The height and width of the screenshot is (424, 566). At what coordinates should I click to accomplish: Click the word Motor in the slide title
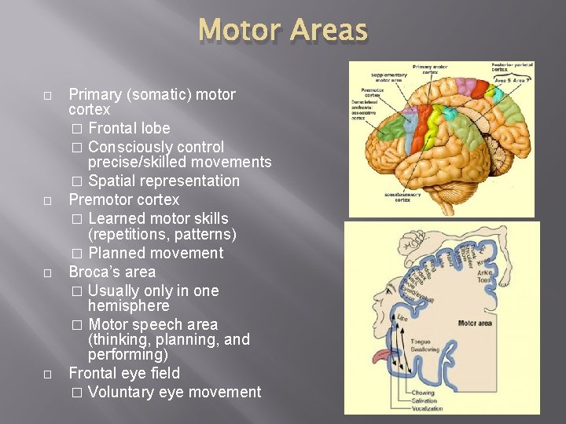click(241, 31)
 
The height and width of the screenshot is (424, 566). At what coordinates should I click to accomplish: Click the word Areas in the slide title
click(328, 31)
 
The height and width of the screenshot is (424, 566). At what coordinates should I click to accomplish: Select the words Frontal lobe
click(129, 128)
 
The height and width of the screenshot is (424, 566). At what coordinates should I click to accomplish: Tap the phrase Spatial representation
click(164, 181)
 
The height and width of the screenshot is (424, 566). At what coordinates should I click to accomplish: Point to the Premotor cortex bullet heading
click(123, 199)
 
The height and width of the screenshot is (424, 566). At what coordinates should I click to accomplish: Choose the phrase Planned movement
click(156, 253)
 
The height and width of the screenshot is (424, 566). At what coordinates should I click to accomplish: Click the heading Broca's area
click(112, 272)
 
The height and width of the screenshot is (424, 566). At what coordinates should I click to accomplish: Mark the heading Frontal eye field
click(124, 373)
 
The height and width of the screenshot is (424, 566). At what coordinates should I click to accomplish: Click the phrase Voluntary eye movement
click(175, 392)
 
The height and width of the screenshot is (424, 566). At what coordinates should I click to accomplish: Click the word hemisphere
click(128, 305)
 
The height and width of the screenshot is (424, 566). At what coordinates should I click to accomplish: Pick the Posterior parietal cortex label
click(511, 68)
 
